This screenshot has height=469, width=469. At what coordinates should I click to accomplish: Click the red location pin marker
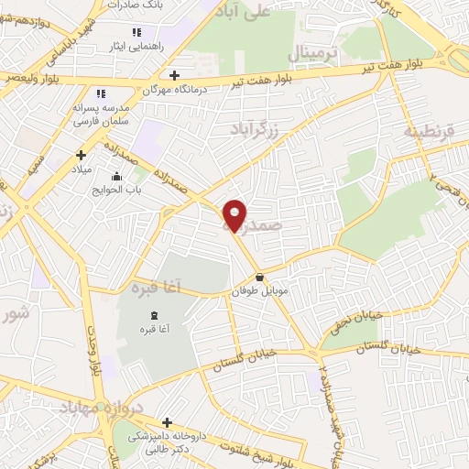point(234,213)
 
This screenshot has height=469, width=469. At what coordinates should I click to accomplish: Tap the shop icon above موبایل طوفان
point(260,277)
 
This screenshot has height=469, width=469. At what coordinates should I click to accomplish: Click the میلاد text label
point(82,169)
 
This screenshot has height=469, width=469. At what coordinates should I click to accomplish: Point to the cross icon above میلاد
point(82,156)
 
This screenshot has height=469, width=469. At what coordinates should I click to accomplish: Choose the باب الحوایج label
point(115,191)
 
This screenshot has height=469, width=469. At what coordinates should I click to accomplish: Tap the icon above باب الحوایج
point(115,178)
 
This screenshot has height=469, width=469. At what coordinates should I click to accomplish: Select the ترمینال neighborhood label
point(312,55)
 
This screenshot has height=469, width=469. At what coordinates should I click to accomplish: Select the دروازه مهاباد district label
point(95,405)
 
